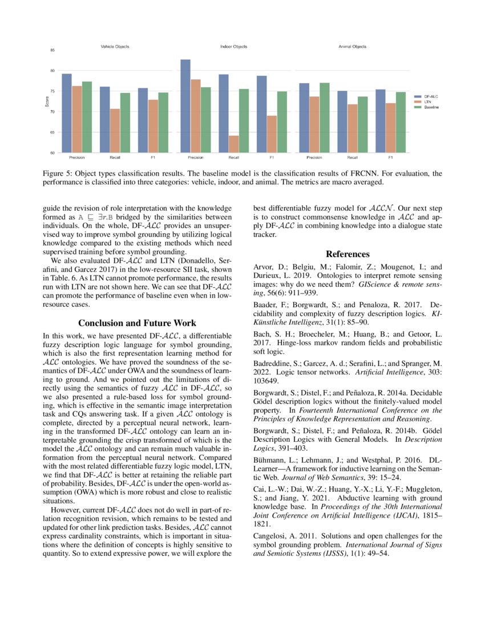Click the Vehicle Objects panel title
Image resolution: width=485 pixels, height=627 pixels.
[x=115, y=46]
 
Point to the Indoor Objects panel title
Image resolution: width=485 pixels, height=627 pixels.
[x=233, y=46]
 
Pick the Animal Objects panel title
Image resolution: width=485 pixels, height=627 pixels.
[x=352, y=46]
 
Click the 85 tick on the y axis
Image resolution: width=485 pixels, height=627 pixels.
[x=52, y=50]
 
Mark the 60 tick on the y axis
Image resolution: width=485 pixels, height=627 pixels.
[x=52, y=153]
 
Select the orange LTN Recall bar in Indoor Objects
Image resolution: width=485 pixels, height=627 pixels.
[x=233, y=144]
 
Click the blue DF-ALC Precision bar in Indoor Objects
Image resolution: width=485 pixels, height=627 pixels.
[x=185, y=105]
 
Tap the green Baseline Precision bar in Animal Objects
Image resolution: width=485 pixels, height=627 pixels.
[x=324, y=117]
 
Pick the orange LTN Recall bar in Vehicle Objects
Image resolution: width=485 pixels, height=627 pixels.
[x=115, y=131]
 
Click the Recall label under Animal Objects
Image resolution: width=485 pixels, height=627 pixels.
[x=352, y=157]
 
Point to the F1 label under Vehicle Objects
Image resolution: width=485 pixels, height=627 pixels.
[x=153, y=157]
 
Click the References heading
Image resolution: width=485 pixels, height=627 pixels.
[x=347, y=254]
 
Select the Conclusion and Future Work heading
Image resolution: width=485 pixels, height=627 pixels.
[x=137, y=323]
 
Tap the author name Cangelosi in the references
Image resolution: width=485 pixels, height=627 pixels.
[x=269, y=536]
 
